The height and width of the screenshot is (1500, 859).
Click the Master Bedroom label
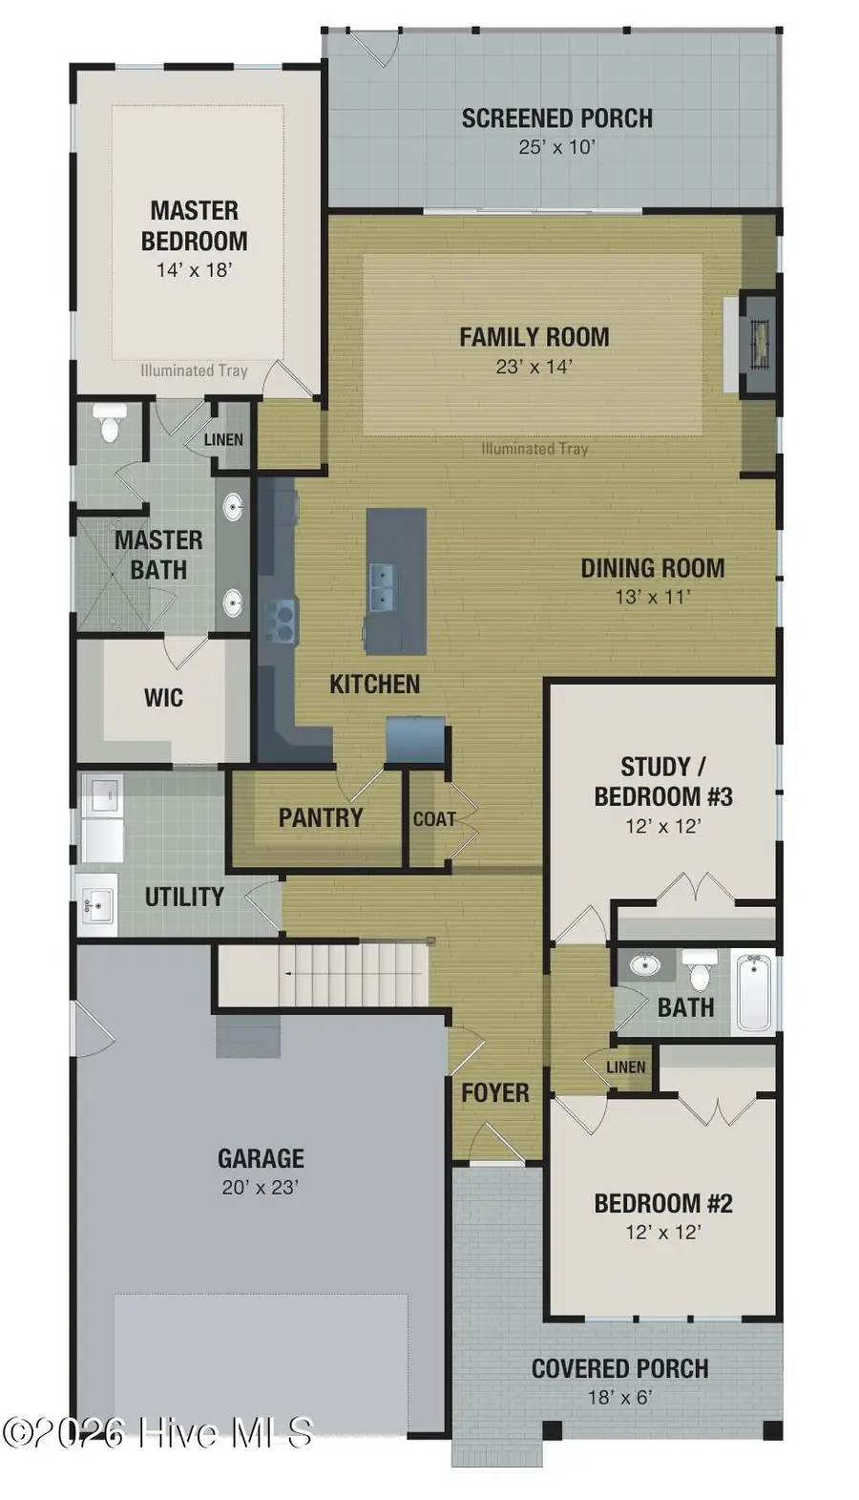point(194,225)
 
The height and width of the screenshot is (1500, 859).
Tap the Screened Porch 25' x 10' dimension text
point(556,147)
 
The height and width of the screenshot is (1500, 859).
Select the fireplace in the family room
point(760,342)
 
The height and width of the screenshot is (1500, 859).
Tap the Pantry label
point(320,817)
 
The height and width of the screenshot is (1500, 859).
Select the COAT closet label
point(433,819)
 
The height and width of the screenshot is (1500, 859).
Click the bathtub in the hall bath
point(755,993)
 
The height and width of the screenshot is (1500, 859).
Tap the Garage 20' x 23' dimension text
point(261,1187)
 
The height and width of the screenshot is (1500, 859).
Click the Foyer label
point(494,1092)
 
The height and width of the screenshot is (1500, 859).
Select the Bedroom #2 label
point(662,1203)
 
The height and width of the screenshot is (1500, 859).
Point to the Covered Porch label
point(619,1368)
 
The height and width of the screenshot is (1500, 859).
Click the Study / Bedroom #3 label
point(662,781)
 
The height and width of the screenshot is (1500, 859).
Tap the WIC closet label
point(163,697)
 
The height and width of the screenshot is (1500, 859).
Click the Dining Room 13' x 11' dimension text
point(652,597)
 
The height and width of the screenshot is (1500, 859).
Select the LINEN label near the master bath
point(223,440)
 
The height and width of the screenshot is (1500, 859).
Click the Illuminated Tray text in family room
point(534,449)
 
